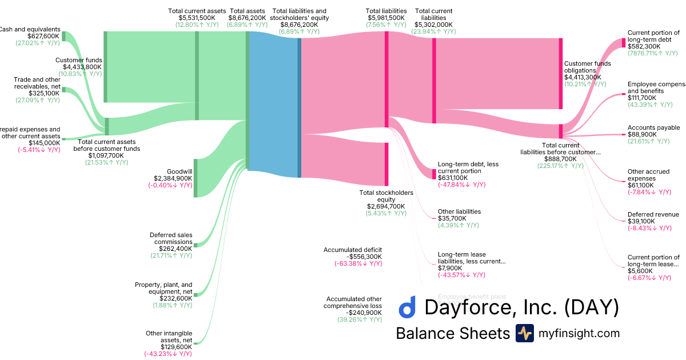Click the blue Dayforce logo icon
(x=406, y=307)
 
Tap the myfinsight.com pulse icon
(x=524, y=333)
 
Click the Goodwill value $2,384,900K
(x=173, y=178)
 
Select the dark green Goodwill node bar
(x=196, y=178)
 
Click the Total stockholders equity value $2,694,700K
(x=386, y=206)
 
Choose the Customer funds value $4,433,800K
(x=79, y=67)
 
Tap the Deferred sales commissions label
(x=171, y=238)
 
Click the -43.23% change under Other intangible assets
(x=168, y=354)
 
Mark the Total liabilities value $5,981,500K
(x=386, y=18)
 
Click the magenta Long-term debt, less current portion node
(x=434, y=174)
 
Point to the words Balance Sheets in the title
(x=452, y=333)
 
